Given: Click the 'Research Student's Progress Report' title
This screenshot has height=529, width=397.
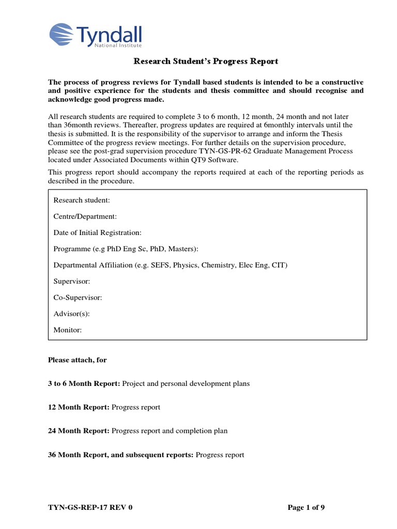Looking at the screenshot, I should [x=206, y=61].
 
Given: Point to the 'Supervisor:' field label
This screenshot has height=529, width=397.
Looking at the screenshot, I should [x=72, y=281].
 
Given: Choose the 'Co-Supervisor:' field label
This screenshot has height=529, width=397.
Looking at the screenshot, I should [x=78, y=298].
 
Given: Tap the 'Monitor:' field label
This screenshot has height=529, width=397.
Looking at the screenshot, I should [x=68, y=330].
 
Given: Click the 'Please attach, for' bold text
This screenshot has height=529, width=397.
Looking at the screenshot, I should [x=78, y=360].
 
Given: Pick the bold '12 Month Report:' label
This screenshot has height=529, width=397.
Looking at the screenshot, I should [x=79, y=407].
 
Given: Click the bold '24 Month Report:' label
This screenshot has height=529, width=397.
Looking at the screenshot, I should [x=79, y=430].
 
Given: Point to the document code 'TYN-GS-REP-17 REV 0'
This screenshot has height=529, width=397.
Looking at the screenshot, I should [x=90, y=507].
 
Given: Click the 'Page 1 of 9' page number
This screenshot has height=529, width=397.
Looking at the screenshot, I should [x=306, y=507].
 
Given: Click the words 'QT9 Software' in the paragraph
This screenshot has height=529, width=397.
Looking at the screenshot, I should [x=217, y=160].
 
